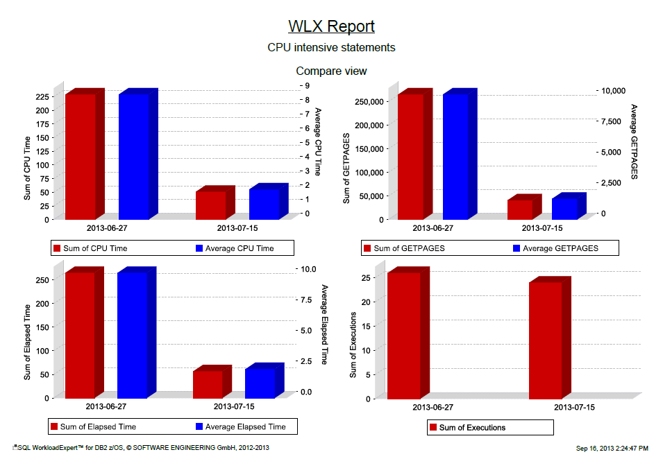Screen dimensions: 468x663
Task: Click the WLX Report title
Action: click(x=331, y=26)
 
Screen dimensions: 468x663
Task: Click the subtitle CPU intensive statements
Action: click(x=331, y=48)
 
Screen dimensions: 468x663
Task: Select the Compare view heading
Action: click(x=331, y=71)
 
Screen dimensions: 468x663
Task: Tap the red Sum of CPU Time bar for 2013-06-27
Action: click(x=80, y=156)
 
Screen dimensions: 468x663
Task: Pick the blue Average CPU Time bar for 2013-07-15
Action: click(x=264, y=204)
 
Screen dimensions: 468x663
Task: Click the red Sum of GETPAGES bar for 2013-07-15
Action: click(x=519, y=209)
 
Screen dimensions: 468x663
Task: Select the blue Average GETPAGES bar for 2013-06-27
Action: click(x=455, y=156)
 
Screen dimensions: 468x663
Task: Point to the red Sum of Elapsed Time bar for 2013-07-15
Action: click(x=208, y=384)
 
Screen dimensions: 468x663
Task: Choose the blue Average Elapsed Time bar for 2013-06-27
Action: click(x=132, y=335)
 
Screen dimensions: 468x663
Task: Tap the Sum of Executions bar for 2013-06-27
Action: click(x=403, y=336)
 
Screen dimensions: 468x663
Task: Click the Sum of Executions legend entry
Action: click(x=471, y=428)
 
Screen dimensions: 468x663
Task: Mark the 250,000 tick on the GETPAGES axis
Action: click(x=367, y=101)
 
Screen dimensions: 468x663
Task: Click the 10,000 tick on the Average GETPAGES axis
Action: click(x=613, y=90)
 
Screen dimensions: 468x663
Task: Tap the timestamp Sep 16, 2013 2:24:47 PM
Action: click(x=612, y=449)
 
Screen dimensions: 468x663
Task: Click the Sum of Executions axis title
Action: click(x=353, y=345)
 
